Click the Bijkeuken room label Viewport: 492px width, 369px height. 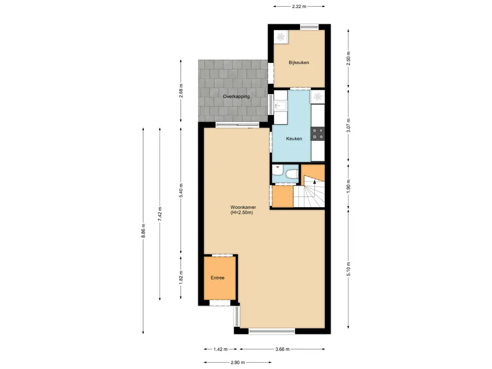pos(298,63)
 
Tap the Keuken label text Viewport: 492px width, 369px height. pos(294,139)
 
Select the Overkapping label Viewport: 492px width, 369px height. pos(236,97)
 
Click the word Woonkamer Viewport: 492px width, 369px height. pos(243,207)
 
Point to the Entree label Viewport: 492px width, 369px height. pos(217,278)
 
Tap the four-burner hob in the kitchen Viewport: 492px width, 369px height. pos(318,133)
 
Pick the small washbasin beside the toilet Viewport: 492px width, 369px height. pos(277,170)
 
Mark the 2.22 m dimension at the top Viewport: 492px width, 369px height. pos(299,6)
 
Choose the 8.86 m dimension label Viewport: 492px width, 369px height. pos(143,230)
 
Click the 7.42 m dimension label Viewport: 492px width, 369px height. pos(160,213)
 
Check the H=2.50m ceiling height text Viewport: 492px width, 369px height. pos(242,212)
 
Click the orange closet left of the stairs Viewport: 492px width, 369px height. pos(282,197)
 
